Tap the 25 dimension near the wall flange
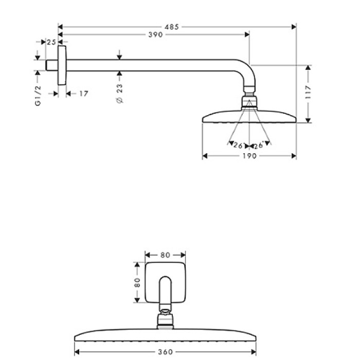(51, 42)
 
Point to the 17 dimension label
(84, 93)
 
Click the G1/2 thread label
(38, 97)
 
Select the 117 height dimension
(308, 93)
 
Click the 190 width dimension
(249, 156)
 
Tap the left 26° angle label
(238, 146)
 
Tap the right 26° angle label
(258, 146)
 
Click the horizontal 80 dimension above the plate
(165, 255)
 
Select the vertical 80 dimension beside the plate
(137, 282)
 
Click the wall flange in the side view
(62, 65)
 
